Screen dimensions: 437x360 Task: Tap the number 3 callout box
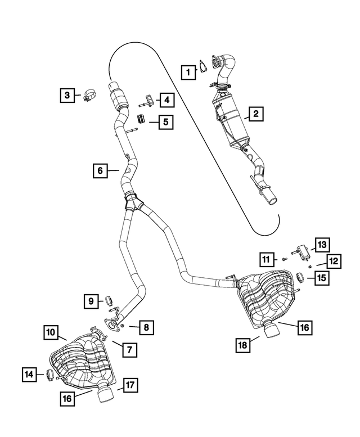click(67, 96)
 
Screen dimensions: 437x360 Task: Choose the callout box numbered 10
click(51, 333)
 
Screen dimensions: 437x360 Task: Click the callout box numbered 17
click(130, 385)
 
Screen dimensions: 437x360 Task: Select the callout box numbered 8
click(146, 326)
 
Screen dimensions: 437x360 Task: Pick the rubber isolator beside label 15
click(301, 276)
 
